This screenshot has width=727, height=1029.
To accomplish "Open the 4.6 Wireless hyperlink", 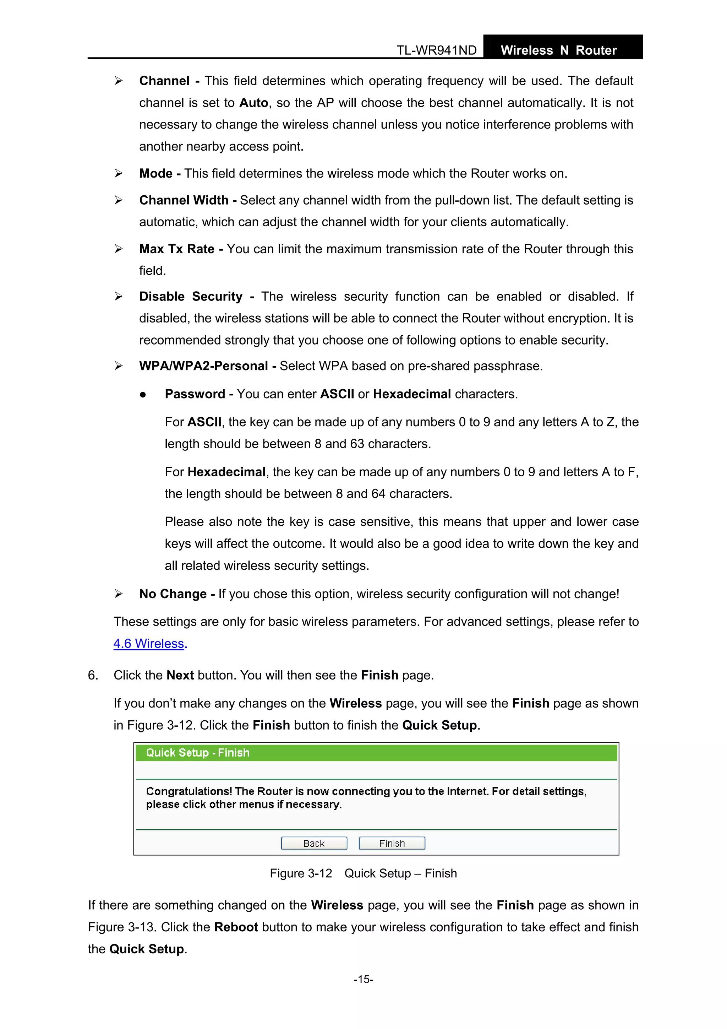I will click(149, 644).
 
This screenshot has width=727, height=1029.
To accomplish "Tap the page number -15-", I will click(363, 979).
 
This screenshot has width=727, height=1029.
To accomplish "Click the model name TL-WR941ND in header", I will click(436, 50).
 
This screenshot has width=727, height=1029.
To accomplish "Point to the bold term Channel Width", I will click(184, 200).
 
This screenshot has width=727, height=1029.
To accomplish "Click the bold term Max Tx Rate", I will click(177, 249).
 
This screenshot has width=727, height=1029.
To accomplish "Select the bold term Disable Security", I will click(191, 297).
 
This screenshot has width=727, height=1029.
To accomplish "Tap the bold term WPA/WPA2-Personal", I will click(203, 366).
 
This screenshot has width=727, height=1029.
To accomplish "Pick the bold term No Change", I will click(173, 594).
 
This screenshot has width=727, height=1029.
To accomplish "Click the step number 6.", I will click(93, 675).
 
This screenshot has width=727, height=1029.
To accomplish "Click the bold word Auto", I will click(253, 103).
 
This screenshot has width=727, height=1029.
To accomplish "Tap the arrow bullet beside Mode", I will click(118, 173).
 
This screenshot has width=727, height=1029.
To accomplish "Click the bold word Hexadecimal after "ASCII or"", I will click(412, 394).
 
